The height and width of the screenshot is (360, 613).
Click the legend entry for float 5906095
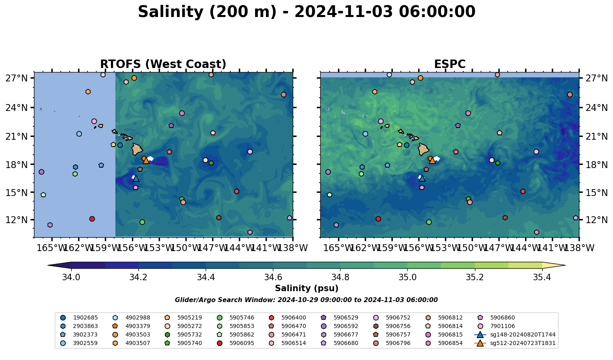pos(241,343)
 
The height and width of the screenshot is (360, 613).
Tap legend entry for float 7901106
pos(502,326)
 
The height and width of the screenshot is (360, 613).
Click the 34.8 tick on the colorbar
pos(340,277)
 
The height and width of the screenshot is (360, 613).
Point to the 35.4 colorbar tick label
pos(542,277)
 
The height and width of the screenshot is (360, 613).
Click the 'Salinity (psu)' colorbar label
pos(306,288)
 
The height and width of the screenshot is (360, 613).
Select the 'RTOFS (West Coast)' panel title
pos(163,64)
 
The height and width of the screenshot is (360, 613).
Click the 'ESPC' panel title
pos(449,64)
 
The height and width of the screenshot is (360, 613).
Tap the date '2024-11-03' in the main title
pos(343,12)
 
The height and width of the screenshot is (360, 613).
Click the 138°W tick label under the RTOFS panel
pos(293,247)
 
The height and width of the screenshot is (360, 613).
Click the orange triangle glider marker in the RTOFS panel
pos(146,160)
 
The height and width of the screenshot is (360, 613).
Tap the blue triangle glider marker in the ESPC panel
pos(422,178)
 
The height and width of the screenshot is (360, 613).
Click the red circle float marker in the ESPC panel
pos(378,219)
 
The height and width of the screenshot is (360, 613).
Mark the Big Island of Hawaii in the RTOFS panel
pos(137,149)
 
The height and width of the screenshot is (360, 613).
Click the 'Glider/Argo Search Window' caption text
pos(306,300)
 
